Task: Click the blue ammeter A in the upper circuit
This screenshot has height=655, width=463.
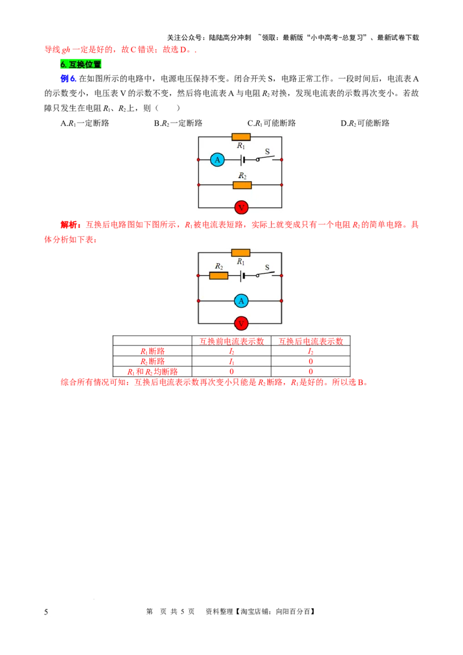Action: click(x=217, y=160)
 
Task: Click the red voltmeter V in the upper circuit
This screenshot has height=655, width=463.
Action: click(x=241, y=207)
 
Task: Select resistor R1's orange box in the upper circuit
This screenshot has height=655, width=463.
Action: click(x=241, y=137)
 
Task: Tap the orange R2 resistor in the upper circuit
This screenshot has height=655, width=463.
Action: click(x=242, y=185)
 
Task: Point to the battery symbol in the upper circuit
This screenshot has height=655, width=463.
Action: click(x=242, y=160)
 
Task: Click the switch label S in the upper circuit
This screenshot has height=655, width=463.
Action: click(x=267, y=152)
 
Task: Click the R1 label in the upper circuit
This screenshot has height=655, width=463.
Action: click(x=241, y=146)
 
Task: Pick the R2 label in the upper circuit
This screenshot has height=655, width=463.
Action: click(x=242, y=176)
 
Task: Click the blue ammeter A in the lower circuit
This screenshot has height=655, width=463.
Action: click(x=241, y=301)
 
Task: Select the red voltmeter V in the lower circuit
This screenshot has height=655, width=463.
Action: click(x=241, y=323)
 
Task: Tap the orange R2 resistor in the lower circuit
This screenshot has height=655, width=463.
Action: click(x=219, y=275)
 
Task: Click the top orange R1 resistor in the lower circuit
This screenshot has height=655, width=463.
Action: click(x=241, y=253)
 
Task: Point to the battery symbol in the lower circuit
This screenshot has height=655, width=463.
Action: click(x=242, y=275)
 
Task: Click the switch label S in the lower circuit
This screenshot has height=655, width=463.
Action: click(x=267, y=267)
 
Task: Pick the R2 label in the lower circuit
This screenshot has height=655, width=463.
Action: click(x=219, y=266)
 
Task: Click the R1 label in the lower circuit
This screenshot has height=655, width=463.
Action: click(x=241, y=262)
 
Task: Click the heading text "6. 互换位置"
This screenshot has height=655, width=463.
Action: click(x=80, y=65)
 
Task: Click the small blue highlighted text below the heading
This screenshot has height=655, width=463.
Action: click(x=68, y=78)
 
